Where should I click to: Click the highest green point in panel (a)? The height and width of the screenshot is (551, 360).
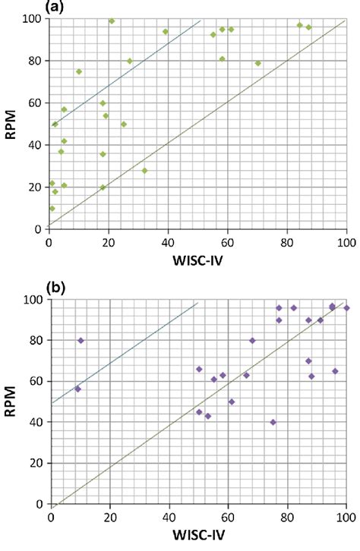click(x=112, y=21)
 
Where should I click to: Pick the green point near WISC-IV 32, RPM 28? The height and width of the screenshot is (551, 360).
click(x=144, y=171)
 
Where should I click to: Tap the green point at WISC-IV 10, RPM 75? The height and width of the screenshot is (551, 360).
click(x=79, y=72)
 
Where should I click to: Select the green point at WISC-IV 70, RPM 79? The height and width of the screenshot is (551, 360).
click(x=258, y=63)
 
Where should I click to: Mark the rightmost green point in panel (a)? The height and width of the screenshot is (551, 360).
click(x=308, y=27)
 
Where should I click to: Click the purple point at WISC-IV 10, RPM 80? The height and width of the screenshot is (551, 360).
click(x=81, y=341)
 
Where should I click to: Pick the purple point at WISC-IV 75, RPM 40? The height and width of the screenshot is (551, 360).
click(x=273, y=422)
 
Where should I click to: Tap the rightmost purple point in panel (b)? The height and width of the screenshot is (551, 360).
click(x=347, y=308)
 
